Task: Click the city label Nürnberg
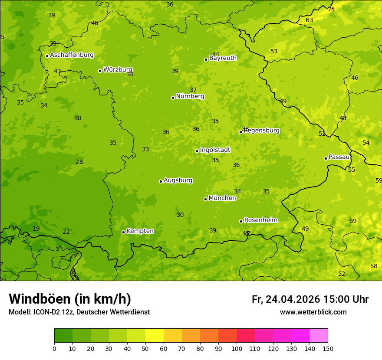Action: pyautogui.click(x=190, y=96)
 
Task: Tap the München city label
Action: pyautogui.click(x=222, y=198)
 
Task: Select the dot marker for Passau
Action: pyautogui.click(x=326, y=158)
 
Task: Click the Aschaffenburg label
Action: pyautogui.click(x=72, y=55)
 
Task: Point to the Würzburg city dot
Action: pyautogui.click(x=100, y=71)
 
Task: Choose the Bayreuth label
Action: pyautogui.click(x=223, y=58)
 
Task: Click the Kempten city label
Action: pyautogui.click(x=140, y=231)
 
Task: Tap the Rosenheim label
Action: pyautogui.click(x=260, y=220)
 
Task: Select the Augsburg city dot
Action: pyautogui.click(x=161, y=181)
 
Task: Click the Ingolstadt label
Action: pyautogui.click(x=215, y=150)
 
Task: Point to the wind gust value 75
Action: pyautogui.click(x=331, y=9)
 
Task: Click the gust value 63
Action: pyautogui.click(x=309, y=20)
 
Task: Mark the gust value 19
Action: pyautogui.click(x=36, y=229)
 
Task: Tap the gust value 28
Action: pyautogui.click(x=79, y=162)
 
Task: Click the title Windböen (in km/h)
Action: pyautogui.click(x=70, y=299)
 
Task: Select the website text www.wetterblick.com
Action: pyautogui.click(x=313, y=312)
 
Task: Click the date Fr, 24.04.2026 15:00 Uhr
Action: pyautogui.click(x=310, y=299)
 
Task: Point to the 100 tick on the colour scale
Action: pyautogui.click(x=237, y=348)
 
